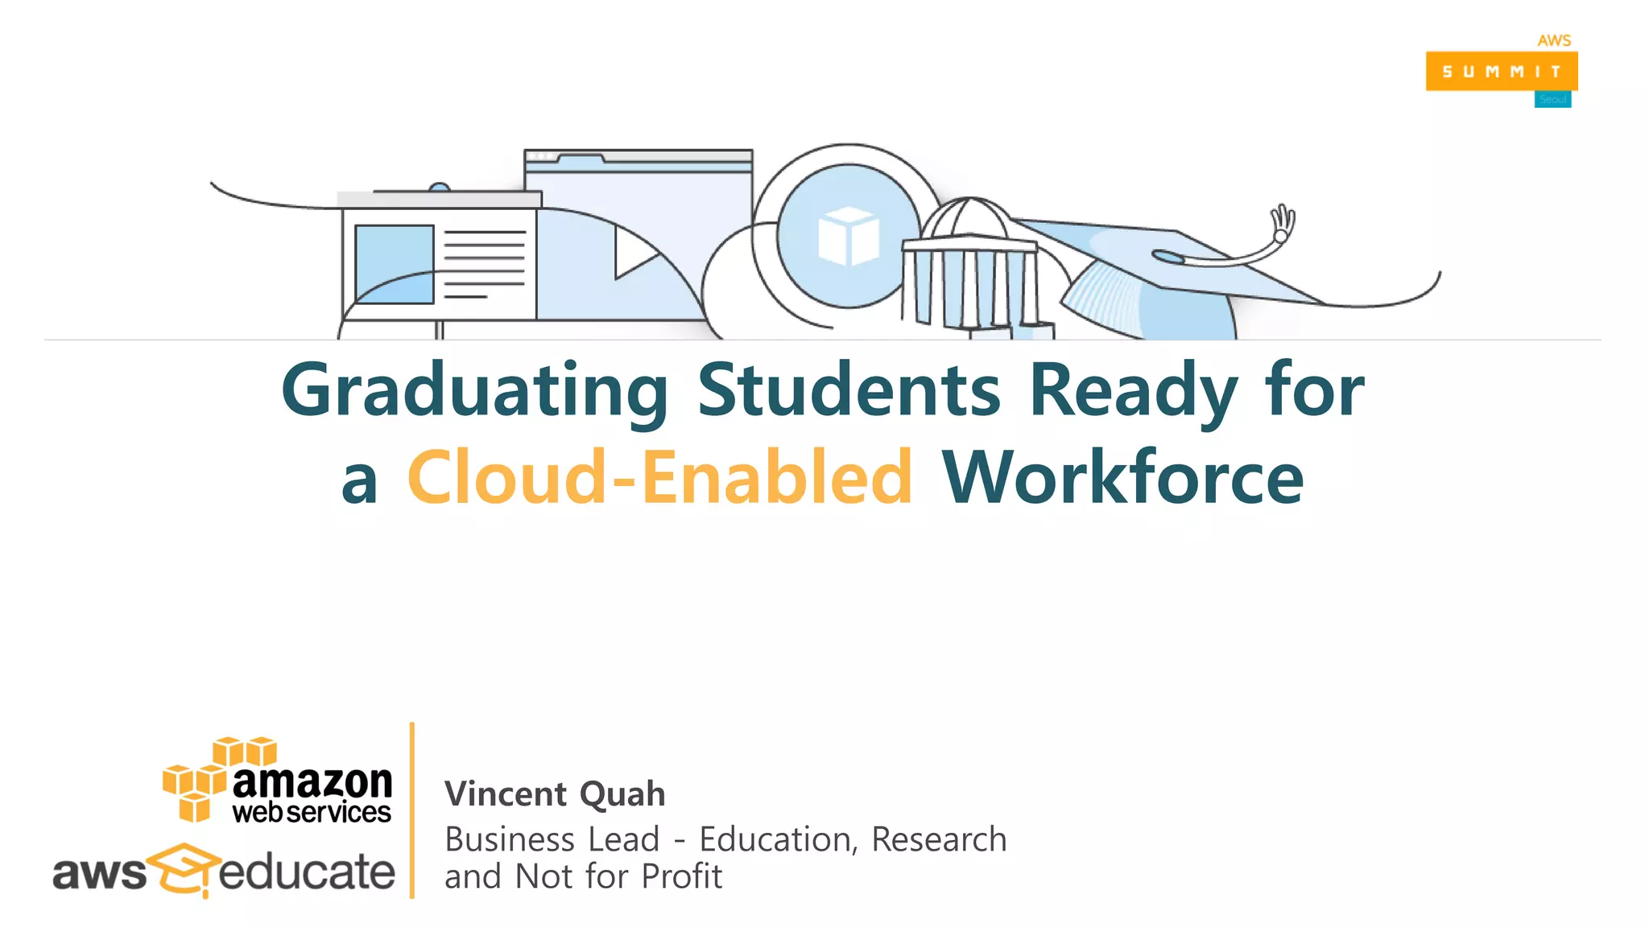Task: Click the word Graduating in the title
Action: (475, 391)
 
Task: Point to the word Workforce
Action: (1122, 478)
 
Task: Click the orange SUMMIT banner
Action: (1501, 72)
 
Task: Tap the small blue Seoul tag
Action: (1552, 100)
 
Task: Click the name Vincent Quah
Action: (555, 794)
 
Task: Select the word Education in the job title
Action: (774, 839)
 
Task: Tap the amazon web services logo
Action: (279, 781)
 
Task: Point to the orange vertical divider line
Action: (412, 810)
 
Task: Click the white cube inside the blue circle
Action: (848, 236)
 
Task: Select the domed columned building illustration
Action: (970, 266)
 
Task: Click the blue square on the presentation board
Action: (395, 264)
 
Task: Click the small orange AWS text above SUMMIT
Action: (1554, 40)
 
